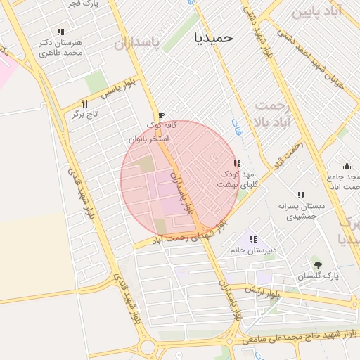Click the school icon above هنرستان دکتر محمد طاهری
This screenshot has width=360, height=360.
(x=60, y=32)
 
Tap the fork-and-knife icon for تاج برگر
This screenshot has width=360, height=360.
(x=84, y=103)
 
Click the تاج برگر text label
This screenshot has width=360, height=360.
(x=84, y=114)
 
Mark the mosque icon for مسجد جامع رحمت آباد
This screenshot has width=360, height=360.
(x=347, y=166)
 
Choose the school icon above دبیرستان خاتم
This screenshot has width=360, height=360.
(x=253, y=239)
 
